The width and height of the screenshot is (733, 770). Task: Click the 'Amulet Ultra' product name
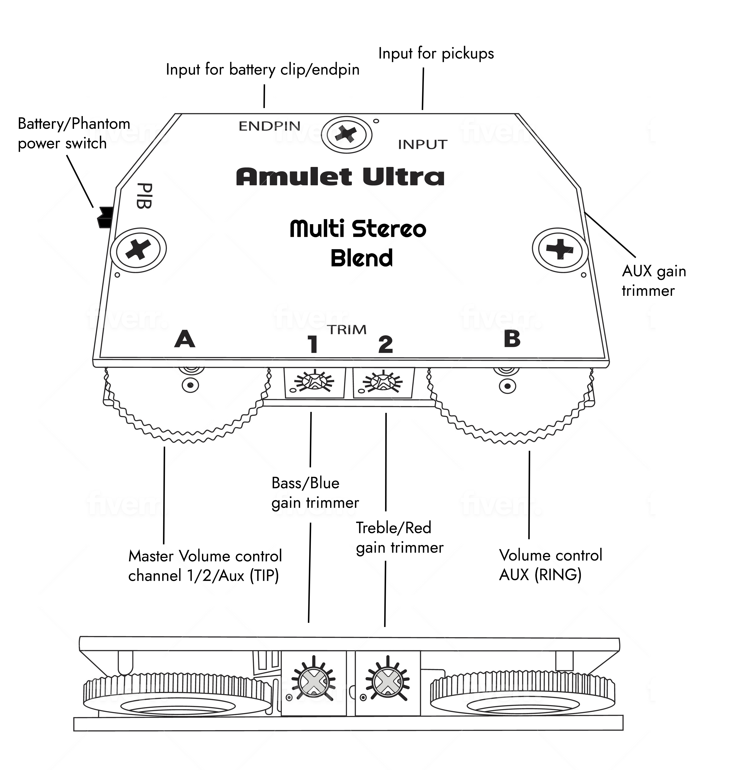click(340, 177)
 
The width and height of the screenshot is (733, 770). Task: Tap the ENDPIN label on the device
click(269, 126)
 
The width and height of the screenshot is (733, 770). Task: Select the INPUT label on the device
click(422, 145)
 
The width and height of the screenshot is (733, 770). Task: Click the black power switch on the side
click(104, 217)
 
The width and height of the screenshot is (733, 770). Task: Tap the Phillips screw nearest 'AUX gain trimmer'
click(560, 249)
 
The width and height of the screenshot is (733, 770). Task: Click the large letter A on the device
click(185, 339)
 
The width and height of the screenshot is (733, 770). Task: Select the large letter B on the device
click(512, 339)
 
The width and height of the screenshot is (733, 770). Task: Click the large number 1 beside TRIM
click(313, 344)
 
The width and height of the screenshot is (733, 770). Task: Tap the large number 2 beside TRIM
click(386, 344)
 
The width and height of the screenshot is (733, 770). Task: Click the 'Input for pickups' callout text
click(436, 54)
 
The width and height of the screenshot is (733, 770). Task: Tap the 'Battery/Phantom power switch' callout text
click(74, 134)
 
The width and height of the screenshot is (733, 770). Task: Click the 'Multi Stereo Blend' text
click(358, 243)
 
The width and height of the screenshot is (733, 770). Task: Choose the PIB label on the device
click(144, 195)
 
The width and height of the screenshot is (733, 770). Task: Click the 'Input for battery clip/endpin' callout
click(263, 70)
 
